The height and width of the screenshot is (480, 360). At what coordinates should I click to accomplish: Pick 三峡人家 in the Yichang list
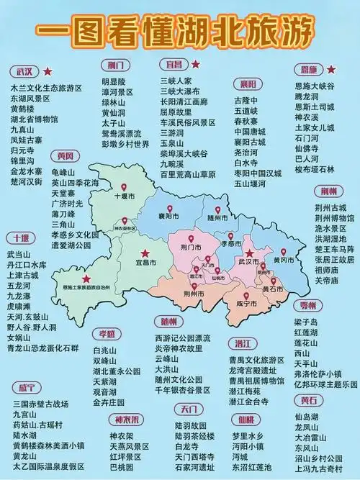pyautogui.click(x=176, y=81)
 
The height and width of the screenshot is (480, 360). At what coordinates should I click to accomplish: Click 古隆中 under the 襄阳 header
pyautogui.click(x=244, y=100)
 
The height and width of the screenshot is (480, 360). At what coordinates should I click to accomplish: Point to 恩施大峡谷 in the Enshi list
pyautogui.click(x=315, y=86)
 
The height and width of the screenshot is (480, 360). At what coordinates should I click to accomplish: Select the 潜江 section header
pyautogui.click(x=242, y=343)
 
